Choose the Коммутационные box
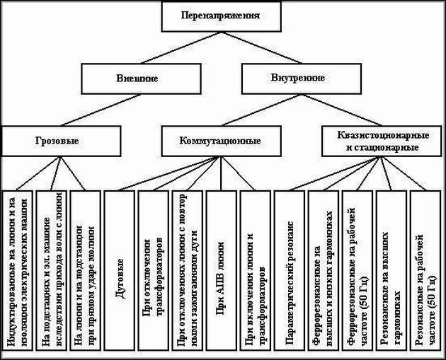click(220, 140)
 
